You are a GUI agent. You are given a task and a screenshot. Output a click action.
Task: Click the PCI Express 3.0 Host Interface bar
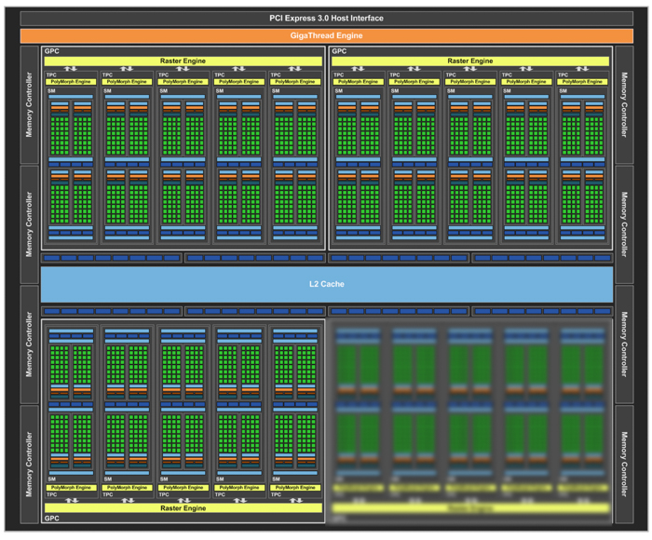[326, 18]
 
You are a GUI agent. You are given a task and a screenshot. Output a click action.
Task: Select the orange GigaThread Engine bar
[326, 35]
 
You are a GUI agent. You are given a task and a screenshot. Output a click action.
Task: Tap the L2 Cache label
[326, 284]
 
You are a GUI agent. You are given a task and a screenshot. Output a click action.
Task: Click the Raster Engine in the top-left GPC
[183, 61]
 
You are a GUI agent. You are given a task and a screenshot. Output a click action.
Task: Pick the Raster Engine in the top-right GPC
[469, 61]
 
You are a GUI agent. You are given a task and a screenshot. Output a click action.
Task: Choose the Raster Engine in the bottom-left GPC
[183, 508]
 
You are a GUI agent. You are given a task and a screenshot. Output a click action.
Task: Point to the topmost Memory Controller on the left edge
[29, 105]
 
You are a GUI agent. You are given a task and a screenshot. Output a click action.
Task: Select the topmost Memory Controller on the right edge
[624, 105]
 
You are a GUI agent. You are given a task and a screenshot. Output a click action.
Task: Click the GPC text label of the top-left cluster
[52, 51]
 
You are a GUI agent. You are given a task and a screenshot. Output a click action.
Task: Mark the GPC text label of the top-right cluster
[340, 51]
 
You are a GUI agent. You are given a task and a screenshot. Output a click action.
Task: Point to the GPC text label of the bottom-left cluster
[52, 518]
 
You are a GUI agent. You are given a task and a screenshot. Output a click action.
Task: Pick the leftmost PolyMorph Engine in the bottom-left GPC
[71, 488]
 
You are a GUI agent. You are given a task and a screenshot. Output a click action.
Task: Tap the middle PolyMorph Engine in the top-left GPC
[183, 82]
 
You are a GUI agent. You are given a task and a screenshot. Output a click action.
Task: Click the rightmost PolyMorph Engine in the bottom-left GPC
[294, 488]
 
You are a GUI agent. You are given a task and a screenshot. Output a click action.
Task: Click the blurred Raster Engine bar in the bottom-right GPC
[469, 508]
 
